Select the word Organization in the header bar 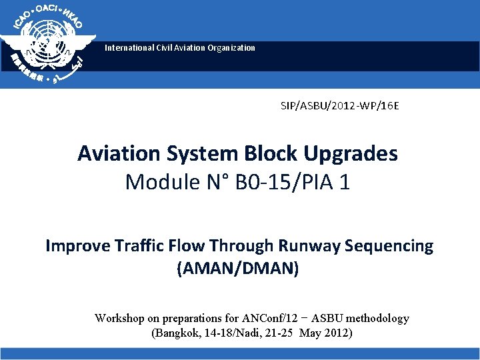230,48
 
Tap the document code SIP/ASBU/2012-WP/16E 340,105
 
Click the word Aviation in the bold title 119,153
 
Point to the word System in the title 199,153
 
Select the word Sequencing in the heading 389,246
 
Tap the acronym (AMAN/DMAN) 238,269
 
